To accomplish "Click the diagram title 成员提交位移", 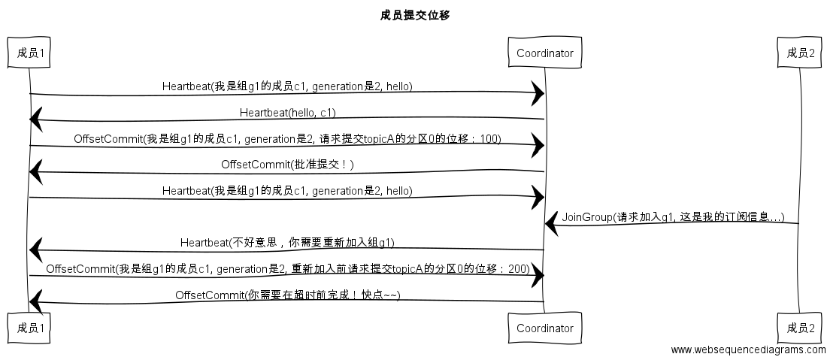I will point(415,15).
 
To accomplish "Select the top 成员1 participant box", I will point(30,53).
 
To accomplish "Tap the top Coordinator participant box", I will point(545,53).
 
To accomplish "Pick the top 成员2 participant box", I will point(801,53).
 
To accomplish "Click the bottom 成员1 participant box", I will point(30,328).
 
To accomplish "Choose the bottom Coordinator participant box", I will point(545,328).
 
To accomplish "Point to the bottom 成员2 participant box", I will point(801,328).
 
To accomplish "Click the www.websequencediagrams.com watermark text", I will point(748,349).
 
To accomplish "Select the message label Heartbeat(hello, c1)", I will point(288,113).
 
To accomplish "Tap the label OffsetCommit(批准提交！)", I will point(287,165).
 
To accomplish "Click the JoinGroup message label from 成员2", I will point(673,217).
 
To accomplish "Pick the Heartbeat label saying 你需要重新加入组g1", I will point(287,243).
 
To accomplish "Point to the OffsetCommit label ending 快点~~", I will point(287,295).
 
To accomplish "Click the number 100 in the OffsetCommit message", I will point(492,139).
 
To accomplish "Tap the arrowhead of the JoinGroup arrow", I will point(551,223).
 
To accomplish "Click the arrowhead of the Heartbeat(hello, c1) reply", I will point(35,119).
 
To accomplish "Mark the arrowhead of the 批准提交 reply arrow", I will point(35,172).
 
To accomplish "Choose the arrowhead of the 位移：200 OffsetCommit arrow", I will point(538,277).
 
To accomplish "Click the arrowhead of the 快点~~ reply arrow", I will point(35,302).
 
